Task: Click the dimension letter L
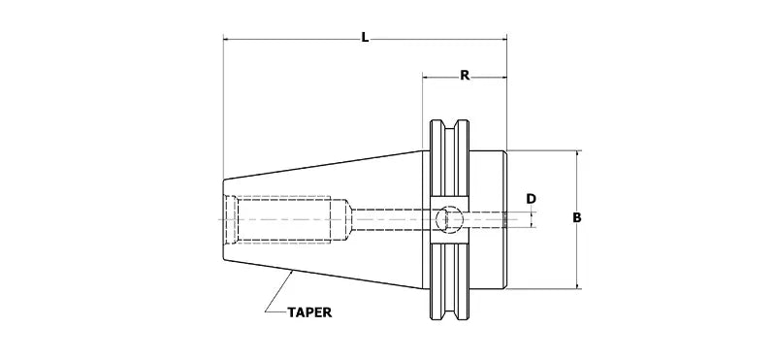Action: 365,37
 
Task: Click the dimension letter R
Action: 465,76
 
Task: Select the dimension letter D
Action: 531,199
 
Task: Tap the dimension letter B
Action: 577,217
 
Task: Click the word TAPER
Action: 309,312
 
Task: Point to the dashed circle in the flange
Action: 449,219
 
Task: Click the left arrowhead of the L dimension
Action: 227,39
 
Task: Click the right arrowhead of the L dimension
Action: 503,39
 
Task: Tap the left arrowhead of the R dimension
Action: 426,78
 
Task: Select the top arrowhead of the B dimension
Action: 577,154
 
